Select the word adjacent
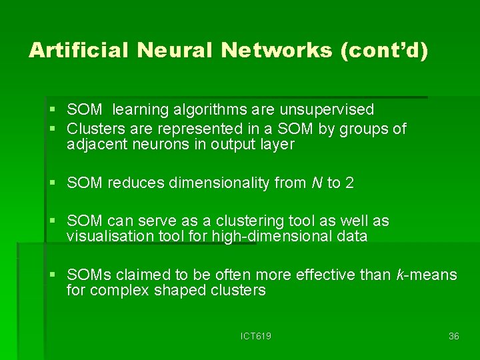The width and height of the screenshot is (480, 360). point(95,145)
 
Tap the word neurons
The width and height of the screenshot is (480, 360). point(157,145)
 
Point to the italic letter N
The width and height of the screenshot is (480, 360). point(316,183)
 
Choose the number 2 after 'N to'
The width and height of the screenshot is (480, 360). point(349,183)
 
